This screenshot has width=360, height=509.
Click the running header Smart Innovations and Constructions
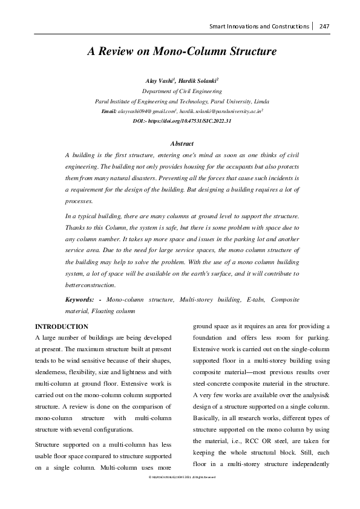click(259, 27)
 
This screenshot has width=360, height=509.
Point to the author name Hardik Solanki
click(198, 80)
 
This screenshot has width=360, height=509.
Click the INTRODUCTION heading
click(62, 326)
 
